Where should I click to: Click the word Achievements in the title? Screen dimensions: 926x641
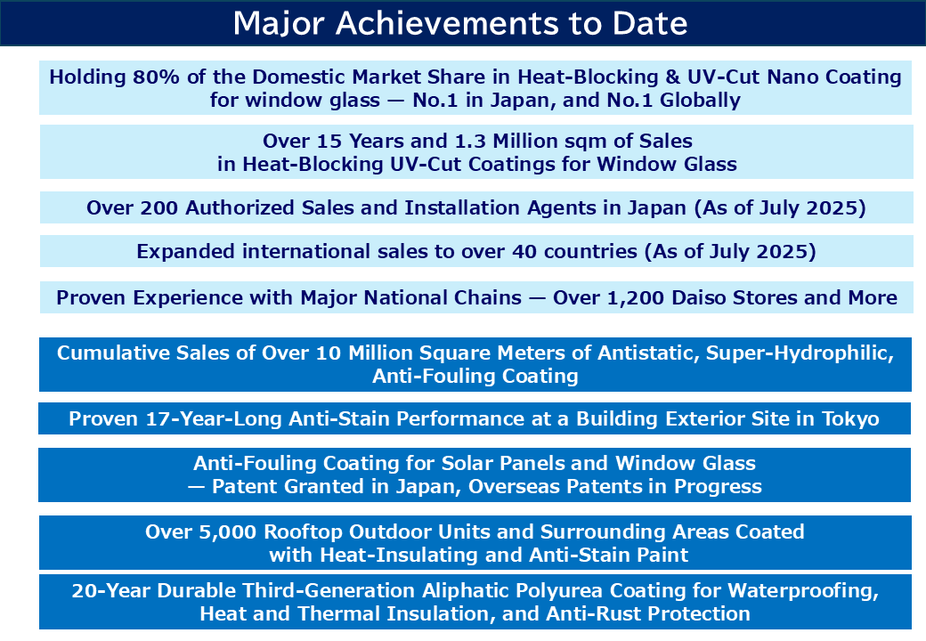[448, 24]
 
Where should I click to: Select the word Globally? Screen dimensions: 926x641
[700, 101]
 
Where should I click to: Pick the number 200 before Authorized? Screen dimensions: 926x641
[159, 207]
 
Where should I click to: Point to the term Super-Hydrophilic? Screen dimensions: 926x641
[800, 353]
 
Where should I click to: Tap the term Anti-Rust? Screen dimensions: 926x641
[596, 614]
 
